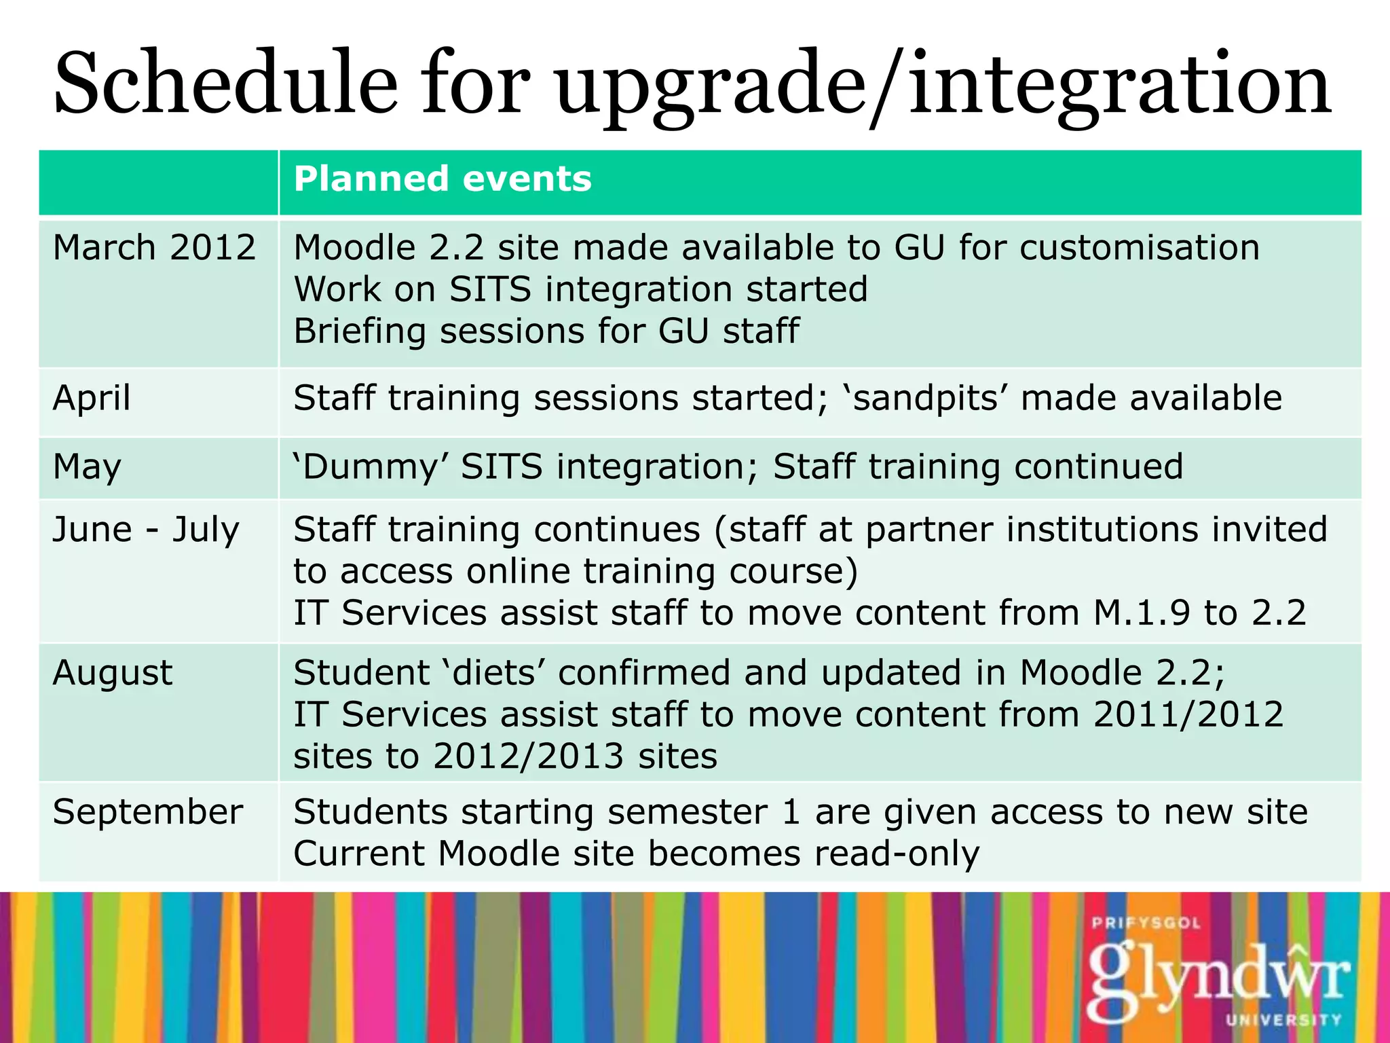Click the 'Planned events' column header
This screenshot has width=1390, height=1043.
tap(443, 179)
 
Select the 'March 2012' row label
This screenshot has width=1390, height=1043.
tap(155, 247)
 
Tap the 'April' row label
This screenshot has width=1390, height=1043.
tap(92, 398)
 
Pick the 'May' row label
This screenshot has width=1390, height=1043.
tap(87, 467)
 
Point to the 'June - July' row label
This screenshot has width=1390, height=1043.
tap(146, 530)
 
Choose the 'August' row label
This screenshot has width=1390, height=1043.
tap(113, 673)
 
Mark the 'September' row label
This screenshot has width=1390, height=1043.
tap(148, 811)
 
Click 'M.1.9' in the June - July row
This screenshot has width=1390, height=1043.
tap(1142, 612)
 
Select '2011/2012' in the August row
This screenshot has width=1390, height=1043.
tap(1188, 714)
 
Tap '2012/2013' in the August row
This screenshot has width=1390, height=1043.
tap(528, 756)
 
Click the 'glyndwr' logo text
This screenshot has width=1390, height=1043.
tap(1218, 978)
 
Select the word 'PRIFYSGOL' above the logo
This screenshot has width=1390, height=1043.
tap(1146, 923)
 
